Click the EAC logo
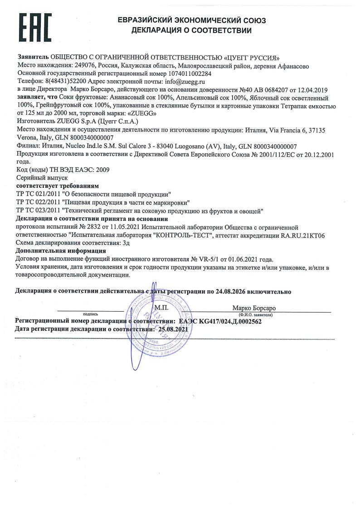click(x=35, y=28)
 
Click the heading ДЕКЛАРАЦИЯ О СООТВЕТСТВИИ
click(x=191, y=31)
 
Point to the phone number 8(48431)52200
click(x=65, y=82)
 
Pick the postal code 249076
click(x=74, y=66)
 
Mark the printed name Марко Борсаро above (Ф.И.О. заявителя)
click(x=253, y=308)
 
